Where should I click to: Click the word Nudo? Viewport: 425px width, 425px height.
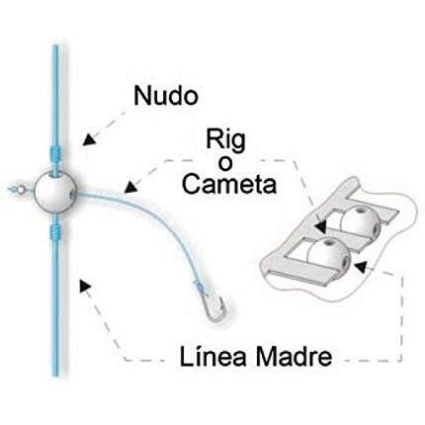pyautogui.click(x=166, y=96)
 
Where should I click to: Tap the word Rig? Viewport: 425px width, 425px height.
pyautogui.click(x=226, y=140)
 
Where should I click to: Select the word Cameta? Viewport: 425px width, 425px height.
pyautogui.click(x=229, y=184)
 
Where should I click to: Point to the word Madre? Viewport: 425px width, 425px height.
pyautogui.click(x=294, y=357)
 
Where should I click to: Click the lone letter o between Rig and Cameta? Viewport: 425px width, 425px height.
pyautogui.click(x=225, y=164)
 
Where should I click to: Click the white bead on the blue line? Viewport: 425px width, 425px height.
pyautogui.click(x=55, y=192)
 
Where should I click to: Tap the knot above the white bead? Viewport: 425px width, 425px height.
pyautogui.click(x=55, y=152)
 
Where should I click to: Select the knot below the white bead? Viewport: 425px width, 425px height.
pyautogui.click(x=55, y=232)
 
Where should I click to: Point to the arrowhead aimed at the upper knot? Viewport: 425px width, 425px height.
pyautogui.click(x=89, y=139)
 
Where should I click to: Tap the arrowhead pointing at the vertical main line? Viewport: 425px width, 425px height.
pyautogui.click(x=85, y=286)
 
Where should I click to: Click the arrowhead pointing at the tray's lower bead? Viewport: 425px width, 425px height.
pyautogui.click(x=361, y=266)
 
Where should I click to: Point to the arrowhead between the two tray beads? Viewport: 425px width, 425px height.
pyautogui.click(x=321, y=225)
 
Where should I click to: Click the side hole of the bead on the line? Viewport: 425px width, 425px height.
pyautogui.click(x=72, y=194)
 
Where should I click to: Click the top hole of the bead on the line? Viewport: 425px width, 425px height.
pyautogui.click(x=56, y=173)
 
